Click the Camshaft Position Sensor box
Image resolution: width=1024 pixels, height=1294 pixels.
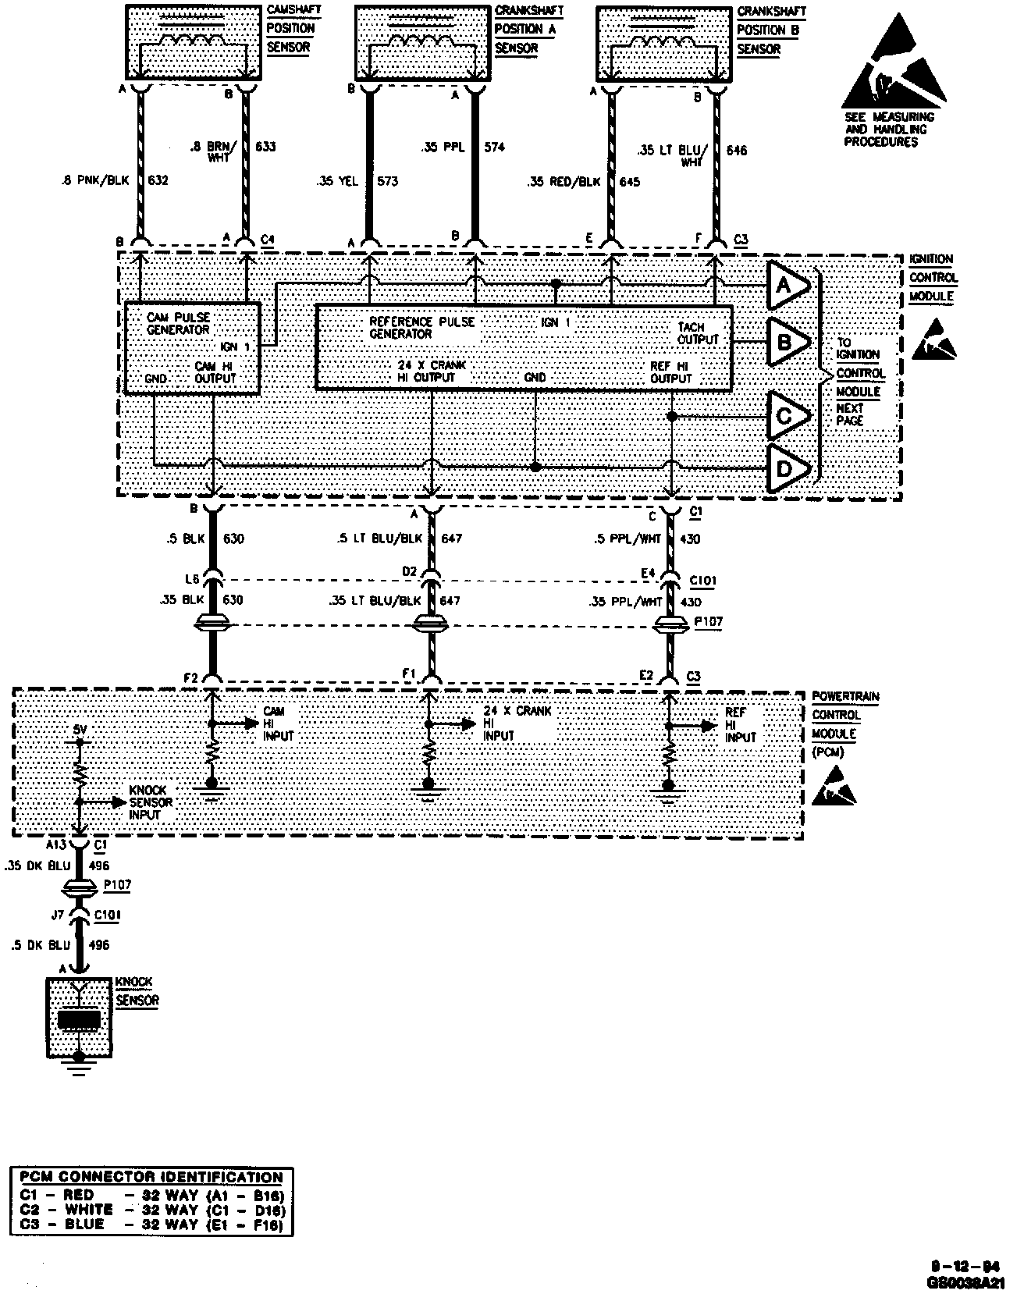pos(193,43)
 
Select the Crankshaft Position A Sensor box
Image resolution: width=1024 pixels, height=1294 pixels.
pos(423,43)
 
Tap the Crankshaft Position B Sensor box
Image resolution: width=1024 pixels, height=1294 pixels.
pos(665,43)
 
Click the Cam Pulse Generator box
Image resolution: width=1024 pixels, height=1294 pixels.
pos(193,348)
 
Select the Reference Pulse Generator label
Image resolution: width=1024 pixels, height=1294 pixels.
pos(421,328)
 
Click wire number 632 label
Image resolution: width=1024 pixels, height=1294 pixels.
pos(158,181)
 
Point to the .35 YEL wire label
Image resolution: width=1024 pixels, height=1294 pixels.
pos(337,182)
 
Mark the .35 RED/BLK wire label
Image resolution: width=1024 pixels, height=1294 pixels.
pos(564,182)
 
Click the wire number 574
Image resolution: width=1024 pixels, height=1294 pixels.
pos(495,147)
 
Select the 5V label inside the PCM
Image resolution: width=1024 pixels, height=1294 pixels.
pos(80,731)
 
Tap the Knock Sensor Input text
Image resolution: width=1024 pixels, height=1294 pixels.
pos(151,802)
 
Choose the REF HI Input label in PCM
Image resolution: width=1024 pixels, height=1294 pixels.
pos(740,725)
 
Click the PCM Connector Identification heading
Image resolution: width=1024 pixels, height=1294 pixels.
pos(151,1178)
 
